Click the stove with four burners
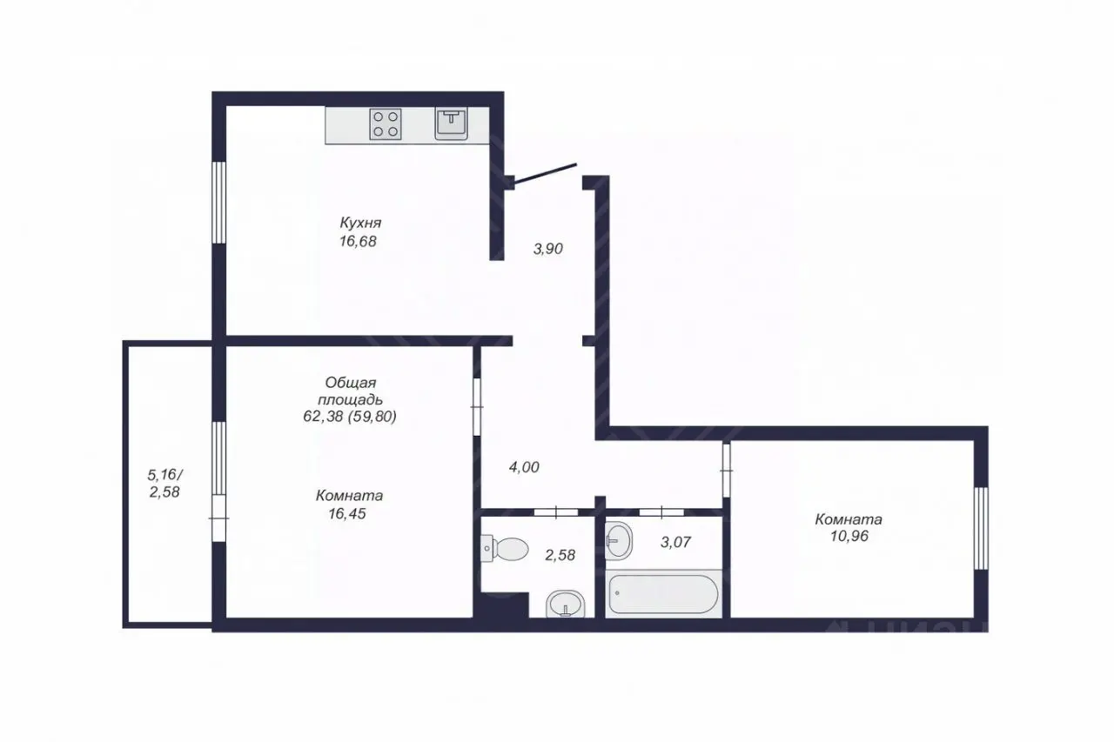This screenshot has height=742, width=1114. pyautogui.click(x=386, y=124)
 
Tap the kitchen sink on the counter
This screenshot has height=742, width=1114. pyautogui.click(x=451, y=124)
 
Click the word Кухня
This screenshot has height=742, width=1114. pyautogui.click(x=360, y=223)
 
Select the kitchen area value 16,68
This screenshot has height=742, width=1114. pyautogui.click(x=358, y=242)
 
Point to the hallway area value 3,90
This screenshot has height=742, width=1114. pyautogui.click(x=548, y=249)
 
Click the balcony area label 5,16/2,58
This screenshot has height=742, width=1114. pyautogui.click(x=164, y=483)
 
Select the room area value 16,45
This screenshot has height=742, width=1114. pyautogui.click(x=347, y=513)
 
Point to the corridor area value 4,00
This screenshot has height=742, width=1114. pyautogui.click(x=524, y=467)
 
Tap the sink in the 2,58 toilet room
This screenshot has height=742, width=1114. pyautogui.click(x=566, y=605)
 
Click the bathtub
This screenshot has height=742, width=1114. pyautogui.click(x=663, y=594)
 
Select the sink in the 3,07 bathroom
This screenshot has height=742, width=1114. pyautogui.click(x=619, y=540)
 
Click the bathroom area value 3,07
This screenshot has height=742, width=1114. pyautogui.click(x=675, y=542)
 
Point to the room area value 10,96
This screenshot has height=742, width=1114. pyautogui.click(x=849, y=536)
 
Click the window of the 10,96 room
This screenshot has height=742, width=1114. pyautogui.click(x=981, y=528)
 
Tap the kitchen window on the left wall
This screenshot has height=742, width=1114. pyautogui.click(x=218, y=203)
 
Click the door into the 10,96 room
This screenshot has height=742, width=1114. pyautogui.click(x=727, y=470)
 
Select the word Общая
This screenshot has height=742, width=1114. pyautogui.click(x=351, y=383)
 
